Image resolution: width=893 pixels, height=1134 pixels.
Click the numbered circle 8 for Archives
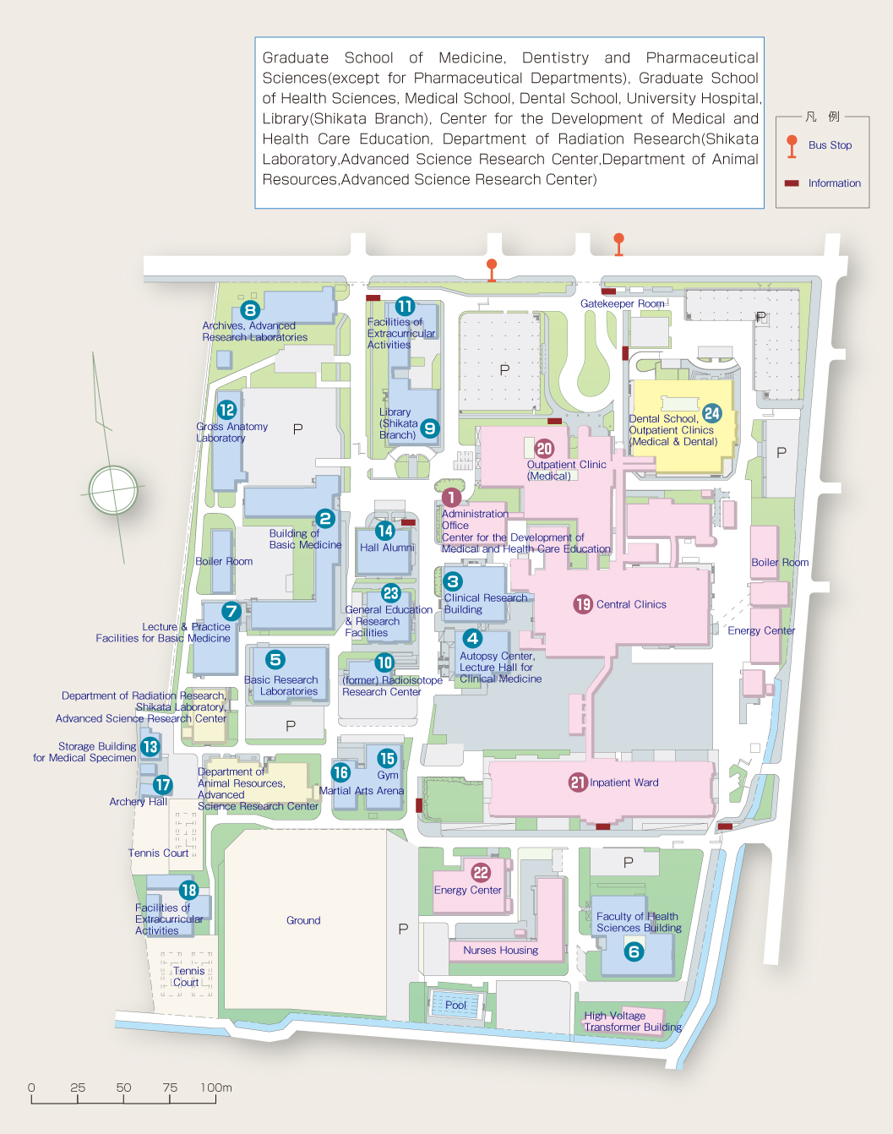[250, 310]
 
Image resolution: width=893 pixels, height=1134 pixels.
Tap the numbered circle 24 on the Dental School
[711, 413]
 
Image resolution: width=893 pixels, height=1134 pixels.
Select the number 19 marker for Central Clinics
[583, 604]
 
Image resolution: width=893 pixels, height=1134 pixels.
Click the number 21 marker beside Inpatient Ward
[578, 782]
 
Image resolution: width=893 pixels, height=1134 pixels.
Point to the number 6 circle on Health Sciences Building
[634, 951]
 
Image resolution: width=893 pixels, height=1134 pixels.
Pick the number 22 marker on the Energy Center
[481, 873]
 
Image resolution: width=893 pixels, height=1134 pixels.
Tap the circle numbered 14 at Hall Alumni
[385, 531]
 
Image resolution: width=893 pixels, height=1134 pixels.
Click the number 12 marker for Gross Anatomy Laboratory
[227, 410]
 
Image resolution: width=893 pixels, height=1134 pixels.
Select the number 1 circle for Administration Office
[451, 497]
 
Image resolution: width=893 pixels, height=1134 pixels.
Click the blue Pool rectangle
[455, 1005]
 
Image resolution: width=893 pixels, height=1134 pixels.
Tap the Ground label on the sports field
[303, 920]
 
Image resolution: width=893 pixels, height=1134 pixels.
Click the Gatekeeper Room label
[622, 303]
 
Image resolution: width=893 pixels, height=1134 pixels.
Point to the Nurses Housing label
[500, 950]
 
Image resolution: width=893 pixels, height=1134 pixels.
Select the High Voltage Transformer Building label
[633, 1022]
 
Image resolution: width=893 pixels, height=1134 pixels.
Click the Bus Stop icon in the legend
[792, 146]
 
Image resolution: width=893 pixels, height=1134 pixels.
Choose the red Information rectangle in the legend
[792, 183]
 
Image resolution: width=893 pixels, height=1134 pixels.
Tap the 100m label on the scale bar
[216, 1088]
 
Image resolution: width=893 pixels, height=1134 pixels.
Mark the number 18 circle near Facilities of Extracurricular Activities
[188, 890]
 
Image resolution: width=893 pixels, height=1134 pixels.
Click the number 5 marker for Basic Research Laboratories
[275, 659]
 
